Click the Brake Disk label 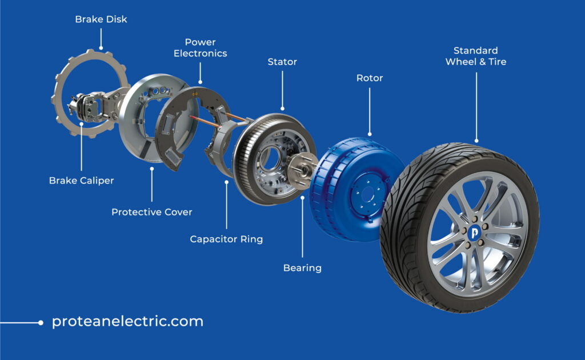[x=101, y=19]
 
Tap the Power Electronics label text [x=201, y=48]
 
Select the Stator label [x=282, y=62]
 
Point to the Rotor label [x=370, y=78]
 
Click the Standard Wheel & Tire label [x=476, y=56]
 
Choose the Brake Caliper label [x=81, y=181]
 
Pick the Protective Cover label [x=152, y=212]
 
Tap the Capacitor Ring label [x=226, y=239]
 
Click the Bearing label [x=303, y=268]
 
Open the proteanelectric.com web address [x=127, y=322]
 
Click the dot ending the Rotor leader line [x=370, y=134]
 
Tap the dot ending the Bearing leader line [x=303, y=198]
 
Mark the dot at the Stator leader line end [x=282, y=109]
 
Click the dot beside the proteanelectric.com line [x=41, y=323]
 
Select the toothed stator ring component [x=274, y=159]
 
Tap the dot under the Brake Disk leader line [x=101, y=48]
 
